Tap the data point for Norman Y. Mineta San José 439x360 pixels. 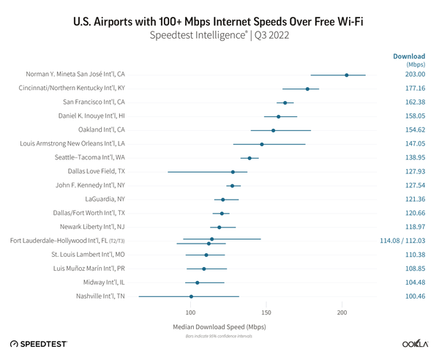pyautogui.click(x=347, y=75)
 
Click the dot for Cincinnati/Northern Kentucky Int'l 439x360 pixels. pyautogui.click(x=307, y=89)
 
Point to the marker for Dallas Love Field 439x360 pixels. pyautogui.click(x=233, y=172)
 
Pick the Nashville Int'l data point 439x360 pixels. pyautogui.click(x=192, y=296)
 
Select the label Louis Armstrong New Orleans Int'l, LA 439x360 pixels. pyautogui.click(x=72, y=144)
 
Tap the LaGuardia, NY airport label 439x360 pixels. pyautogui.click(x=105, y=199)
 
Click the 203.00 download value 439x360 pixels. pyautogui.click(x=415, y=75)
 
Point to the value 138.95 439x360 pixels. pyautogui.click(x=415, y=158)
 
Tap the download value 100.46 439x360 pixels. pyautogui.click(x=415, y=296)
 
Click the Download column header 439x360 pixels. pyautogui.click(x=409, y=56)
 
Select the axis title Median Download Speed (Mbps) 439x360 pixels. pyautogui.click(x=219, y=326)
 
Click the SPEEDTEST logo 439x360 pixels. pyautogui.click(x=38, y=344)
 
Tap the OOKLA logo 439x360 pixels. pyautogui.click(x=415, y=344)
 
